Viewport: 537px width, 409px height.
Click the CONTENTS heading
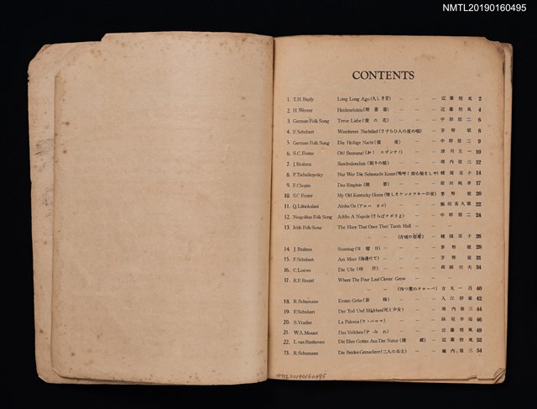[x=383, y=76]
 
